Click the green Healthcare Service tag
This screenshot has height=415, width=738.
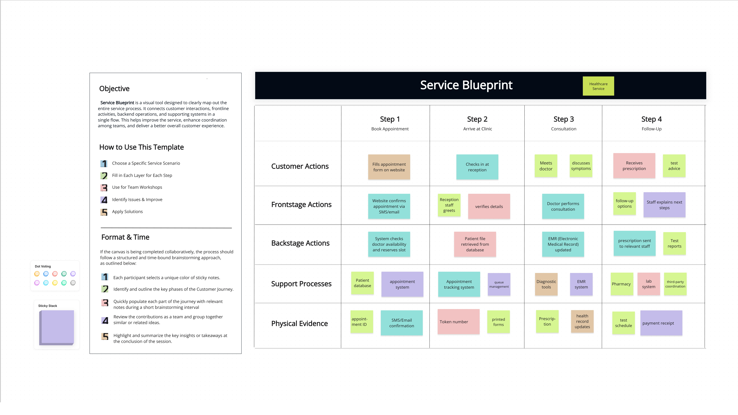[598, 86]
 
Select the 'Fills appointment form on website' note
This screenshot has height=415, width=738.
[389, 167]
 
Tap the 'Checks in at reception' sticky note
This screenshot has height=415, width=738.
[477, 167]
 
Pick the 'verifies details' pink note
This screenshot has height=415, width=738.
[489, 206]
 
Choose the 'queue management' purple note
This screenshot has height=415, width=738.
[499, 284]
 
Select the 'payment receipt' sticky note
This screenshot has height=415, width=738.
[661, 323]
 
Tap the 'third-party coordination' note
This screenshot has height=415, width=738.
[675, 284]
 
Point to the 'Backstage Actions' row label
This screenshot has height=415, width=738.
[300, 243]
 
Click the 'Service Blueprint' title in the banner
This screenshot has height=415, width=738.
[466, 85]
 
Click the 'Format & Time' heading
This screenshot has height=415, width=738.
[125, 237]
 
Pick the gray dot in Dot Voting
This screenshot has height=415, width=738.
[73, 283]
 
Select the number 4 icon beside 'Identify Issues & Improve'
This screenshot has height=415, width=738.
[104, 200]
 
